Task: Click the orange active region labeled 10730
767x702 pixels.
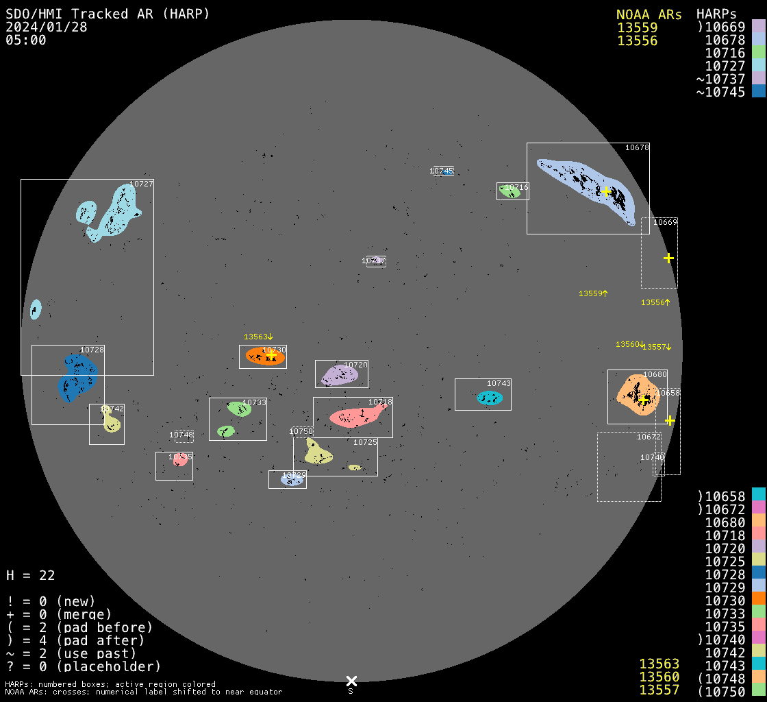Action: click(x=263, y=356)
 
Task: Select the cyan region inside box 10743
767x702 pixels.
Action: click(x=490, y=398)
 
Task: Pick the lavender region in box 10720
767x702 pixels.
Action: click(x=339, y=376)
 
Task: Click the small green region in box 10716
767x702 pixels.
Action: click(x=510, y=191)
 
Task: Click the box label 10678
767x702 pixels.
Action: click(x=637, y=147)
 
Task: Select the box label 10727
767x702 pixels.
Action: click(x=141, y=184)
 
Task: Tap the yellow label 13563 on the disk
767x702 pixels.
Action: click(x=258, y=337)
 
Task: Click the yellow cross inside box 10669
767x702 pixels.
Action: click(x=668, y=258)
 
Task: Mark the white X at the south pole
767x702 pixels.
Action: click(x=351, y=681)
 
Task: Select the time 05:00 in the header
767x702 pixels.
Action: click(x=25, y=40)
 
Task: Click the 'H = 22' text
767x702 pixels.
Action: click(x=30, y=575)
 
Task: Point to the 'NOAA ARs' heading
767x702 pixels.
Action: click(x=649, y=14)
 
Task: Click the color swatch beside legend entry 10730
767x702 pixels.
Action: click(x=758, y=601)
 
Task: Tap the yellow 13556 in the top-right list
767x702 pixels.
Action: click(x=637, y=40)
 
